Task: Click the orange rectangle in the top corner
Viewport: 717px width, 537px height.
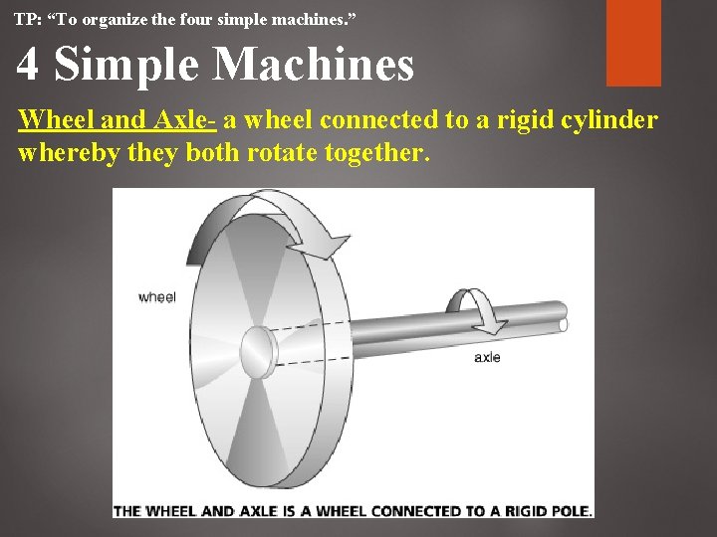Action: [633, 42]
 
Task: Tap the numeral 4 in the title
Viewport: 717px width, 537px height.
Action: [28, 65]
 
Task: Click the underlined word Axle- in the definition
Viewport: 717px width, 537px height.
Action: [182, 120]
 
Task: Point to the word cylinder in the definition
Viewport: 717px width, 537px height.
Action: [608, 120]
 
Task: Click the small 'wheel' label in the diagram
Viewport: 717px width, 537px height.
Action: [156, 296]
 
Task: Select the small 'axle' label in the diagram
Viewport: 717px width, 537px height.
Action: [487, 357]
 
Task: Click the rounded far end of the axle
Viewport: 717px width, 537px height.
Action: [564, 324]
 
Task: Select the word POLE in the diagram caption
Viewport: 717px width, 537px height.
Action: [571, 511]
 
